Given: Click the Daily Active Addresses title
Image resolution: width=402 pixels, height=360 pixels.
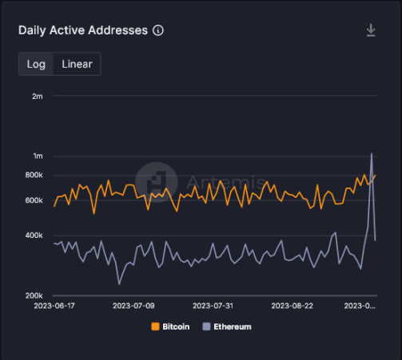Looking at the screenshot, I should [83, 30].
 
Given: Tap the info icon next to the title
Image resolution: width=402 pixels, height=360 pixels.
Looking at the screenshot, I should [158, 30].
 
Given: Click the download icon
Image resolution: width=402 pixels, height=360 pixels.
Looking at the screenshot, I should [371, 30].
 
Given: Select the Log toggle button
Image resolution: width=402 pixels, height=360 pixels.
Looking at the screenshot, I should [36, 64].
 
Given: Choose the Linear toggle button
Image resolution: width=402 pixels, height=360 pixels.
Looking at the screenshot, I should [77, 64].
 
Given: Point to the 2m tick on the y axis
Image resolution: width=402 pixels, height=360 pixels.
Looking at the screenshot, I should [37, 96].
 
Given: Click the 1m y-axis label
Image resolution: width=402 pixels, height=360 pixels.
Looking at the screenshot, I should [37, 156].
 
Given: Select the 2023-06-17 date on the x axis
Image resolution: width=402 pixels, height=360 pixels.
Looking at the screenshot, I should [54, 306].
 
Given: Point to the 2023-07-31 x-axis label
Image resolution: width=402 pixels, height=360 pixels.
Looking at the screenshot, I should [213, 306].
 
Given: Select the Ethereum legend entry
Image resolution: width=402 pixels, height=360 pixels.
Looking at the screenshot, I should [228, 326].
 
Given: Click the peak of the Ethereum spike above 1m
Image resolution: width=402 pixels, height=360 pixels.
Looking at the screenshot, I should [372, 153].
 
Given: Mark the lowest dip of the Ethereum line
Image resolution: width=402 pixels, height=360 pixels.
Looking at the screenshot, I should [119, 283].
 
